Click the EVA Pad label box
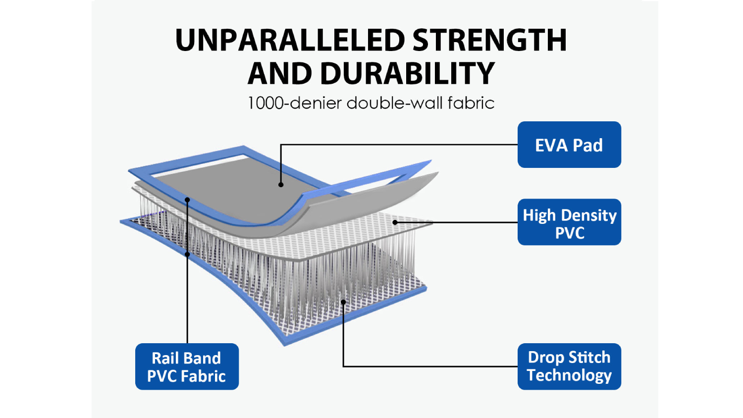pyautogui.click(x=569, y=145)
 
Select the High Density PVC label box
pyautogui.click(x=569, y=222)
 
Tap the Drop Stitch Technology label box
pyautogui.click(x=569, y=366)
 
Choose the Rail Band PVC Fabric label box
pyautogui.click(x=187, y=366)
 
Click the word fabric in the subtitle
pyautogui.click(x=471, y=103)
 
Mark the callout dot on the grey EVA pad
pyautogui.click(x=281, y=185)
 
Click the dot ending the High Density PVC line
pyautogui.click(x=395, y=222)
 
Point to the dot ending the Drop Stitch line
pyautogui.click(x=343, y=302)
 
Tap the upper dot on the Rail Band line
pyautogui.click(x=187, y=200)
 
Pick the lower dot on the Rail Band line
pyautogui.click(x=187, y=255)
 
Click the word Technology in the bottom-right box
pyautogui.click(x=569, y=376)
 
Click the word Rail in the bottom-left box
pyautogui.click(x=163, y=358)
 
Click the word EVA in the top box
pyautogui.click(x=551, y=145)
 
